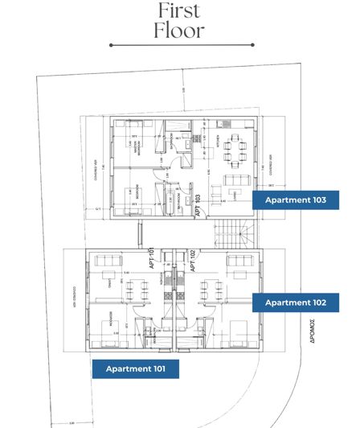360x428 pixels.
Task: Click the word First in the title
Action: [x=180, y=10]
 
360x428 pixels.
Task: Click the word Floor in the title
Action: [x=180, y=31]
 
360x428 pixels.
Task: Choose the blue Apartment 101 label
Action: [x=130, y=369]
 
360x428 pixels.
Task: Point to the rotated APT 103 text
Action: [x=197, y=206]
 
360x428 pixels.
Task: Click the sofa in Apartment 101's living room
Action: [x=108, y=261]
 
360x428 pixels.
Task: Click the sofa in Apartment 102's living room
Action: [x=239, y=261]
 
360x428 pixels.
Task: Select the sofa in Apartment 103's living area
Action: [x=235, y=178]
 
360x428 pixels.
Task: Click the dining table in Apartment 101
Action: [x=133, y=288]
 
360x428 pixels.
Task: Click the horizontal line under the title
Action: [x=179, y=45]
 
